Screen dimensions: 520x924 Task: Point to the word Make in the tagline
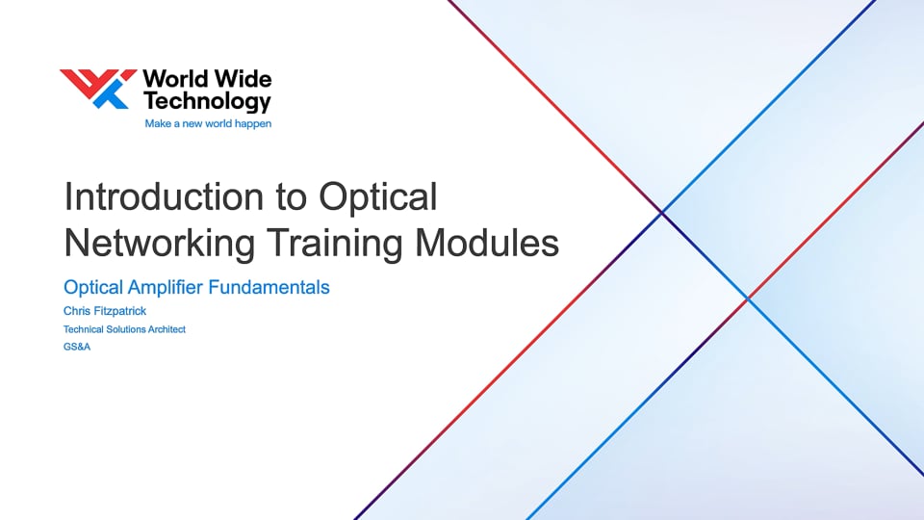coord(157,124)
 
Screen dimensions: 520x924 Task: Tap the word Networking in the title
coord(158,243)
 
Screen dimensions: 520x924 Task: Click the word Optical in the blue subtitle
coord(90,287)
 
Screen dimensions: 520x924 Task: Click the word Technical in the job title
coord(83,329)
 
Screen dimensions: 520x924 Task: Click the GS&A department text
coord(76,347)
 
